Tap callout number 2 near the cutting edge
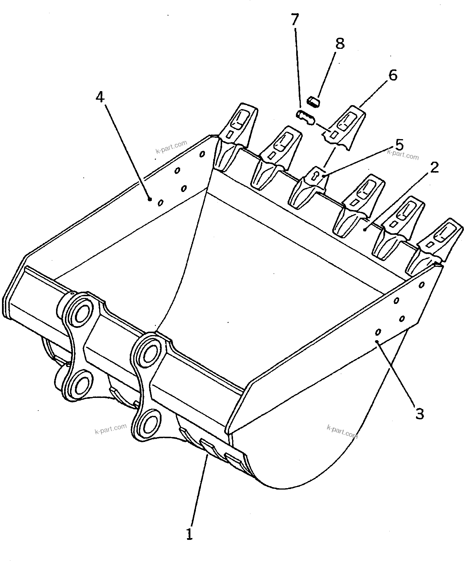point(434,168)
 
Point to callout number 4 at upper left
point(100,97)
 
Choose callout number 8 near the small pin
point(340,43)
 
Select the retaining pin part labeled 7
point(305,118)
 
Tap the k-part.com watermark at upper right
point(403,155)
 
